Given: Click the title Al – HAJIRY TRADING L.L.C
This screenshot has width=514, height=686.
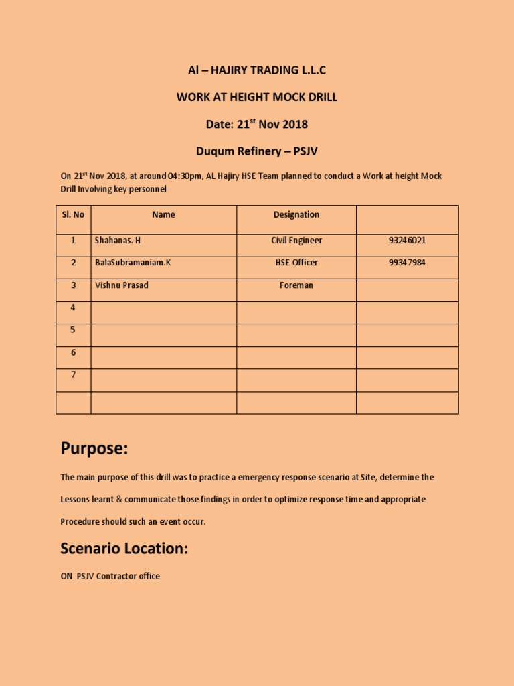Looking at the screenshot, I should coord(257,70).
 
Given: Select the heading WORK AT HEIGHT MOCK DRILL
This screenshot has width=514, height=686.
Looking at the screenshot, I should coord(257,97).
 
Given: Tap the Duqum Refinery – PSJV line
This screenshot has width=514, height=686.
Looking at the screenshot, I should coord(257,151).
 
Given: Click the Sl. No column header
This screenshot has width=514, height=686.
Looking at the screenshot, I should coord(73,215).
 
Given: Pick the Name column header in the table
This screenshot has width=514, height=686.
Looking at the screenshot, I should coord(163,215).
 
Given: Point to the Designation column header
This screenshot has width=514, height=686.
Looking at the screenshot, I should coord(296,215).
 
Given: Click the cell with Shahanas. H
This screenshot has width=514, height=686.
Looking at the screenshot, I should coord(118,241).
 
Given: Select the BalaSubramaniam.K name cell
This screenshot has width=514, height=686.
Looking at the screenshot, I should coord(133,263).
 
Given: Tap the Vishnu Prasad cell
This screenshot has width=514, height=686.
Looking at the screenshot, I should coord(122,285).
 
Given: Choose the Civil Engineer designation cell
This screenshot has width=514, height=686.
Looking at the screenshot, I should coord(296,241).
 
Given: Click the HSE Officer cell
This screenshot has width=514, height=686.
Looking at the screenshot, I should coord(296,263).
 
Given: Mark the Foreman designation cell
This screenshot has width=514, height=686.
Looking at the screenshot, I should coord(296,285).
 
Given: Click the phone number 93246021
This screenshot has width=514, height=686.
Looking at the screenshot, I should coord(407,241).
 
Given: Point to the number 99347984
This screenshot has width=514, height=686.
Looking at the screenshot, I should coord(407,263).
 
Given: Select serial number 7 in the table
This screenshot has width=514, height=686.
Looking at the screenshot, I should coord(73,375).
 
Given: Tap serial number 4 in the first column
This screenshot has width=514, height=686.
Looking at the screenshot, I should coord(73,307).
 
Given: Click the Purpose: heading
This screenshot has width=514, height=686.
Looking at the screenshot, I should coord(94,448).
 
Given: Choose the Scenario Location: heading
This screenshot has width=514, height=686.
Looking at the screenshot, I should coord(124,549).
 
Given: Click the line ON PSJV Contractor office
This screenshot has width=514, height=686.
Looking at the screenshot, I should coord(110,576).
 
